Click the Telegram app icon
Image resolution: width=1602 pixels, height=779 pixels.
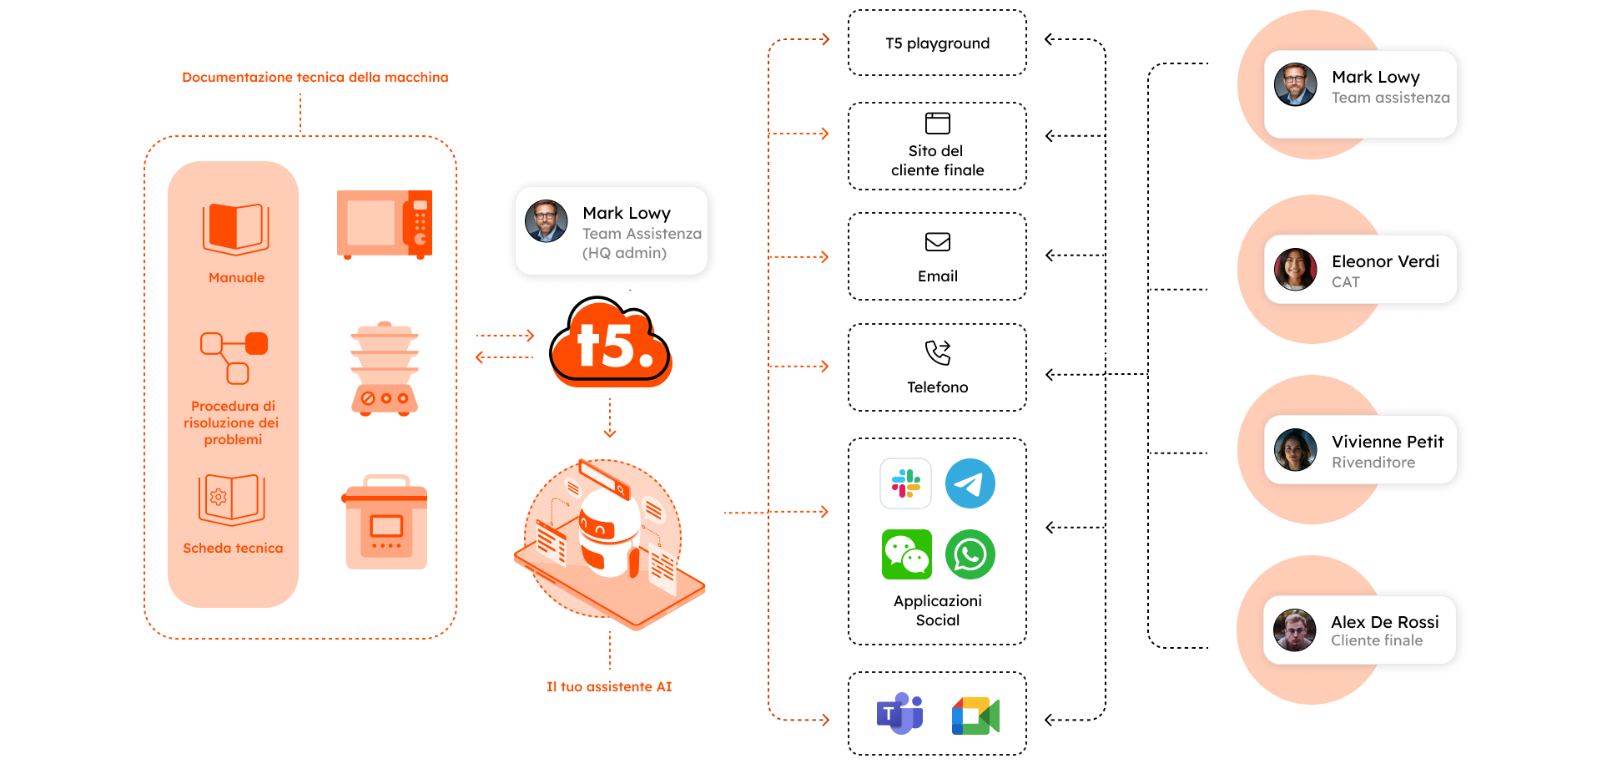tap(970, 483)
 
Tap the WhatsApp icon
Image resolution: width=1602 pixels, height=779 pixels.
tap(970, 554)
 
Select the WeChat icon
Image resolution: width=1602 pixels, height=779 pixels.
tap(906, 554)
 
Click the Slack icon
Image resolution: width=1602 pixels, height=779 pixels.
tap(905, 483)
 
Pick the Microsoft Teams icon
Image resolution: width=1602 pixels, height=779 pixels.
tap(899, 714)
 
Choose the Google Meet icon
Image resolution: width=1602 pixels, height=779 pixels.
tap(975, 716)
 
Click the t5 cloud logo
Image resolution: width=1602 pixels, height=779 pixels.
tap(611, 341)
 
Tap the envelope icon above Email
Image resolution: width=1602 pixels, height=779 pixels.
tap(938, 242)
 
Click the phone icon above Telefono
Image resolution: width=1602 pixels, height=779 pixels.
tap(938, 352)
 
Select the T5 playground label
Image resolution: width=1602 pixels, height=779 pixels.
tap(938, 43)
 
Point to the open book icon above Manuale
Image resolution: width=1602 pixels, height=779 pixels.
tap(236, 229)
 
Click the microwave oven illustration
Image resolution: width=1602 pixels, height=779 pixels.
tap(385, 225)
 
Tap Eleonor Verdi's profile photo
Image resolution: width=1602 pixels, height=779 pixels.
tap(1295, 269)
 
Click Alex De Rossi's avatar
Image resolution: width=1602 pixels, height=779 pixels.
tap(1294, 630)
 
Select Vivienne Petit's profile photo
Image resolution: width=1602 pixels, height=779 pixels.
tap(1295, 449)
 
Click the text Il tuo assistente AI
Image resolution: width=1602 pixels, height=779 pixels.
tap(609, 686)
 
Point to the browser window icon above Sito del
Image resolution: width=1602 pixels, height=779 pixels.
tap(938, 124)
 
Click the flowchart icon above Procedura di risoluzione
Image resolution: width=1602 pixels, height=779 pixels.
tap(234, 358)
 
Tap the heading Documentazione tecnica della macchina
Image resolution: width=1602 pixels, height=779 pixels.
tap(315, 77)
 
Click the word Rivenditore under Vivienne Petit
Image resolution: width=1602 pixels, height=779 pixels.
tap(1373, 463)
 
